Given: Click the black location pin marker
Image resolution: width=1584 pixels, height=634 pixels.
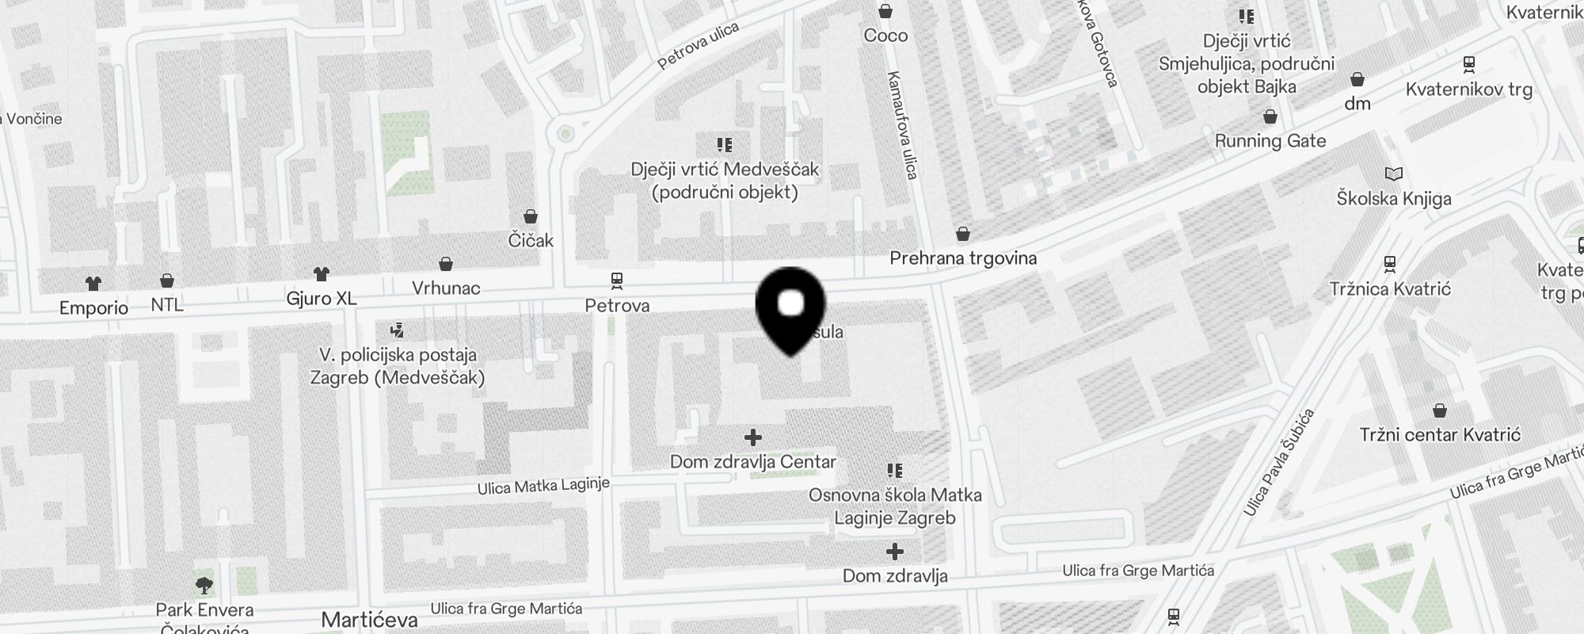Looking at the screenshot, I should (x=790, y=308).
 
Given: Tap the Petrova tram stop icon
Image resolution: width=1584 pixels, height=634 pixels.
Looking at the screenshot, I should (x=616, y=280).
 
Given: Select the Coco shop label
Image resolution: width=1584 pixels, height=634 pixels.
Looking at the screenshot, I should (x=885, y=35).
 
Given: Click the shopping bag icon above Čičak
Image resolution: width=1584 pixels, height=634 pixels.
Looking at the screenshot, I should (x=531, y=216).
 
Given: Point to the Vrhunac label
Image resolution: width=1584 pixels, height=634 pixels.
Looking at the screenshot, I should (x=446, y=288).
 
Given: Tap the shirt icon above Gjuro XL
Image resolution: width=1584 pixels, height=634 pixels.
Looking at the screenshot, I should (x=321, y=274).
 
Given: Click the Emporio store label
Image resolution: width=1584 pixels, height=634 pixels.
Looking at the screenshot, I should (x=93, y=307).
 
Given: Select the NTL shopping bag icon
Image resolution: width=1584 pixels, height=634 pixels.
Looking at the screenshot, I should (x=167, y=281).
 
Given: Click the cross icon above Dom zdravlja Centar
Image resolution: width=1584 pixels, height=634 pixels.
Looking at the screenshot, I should (x=753, y=437).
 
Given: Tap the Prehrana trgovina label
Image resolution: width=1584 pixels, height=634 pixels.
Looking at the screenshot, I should (x=963, y=258).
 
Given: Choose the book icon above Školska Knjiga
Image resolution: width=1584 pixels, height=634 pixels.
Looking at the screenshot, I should (x=1393, y=174).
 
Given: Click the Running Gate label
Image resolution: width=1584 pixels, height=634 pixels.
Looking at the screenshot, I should (x=1270, y=141).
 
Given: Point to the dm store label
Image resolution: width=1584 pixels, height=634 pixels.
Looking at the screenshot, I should (x=1357, y=103).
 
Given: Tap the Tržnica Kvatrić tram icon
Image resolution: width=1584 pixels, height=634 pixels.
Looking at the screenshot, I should (x=1389, y=264).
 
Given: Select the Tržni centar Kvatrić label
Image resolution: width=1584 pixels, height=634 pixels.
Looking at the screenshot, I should (x=1440, y=434).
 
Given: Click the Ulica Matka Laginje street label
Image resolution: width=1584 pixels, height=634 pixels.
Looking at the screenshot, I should (x=543, y=486).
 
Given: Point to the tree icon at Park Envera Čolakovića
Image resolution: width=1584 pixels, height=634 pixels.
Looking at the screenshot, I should (x=204, y=586).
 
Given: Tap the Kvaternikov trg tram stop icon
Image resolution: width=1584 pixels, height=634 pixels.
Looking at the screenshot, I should (x=1469, y=64).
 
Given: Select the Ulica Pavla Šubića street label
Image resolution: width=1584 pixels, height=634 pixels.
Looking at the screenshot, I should (x=1278, y=462).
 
